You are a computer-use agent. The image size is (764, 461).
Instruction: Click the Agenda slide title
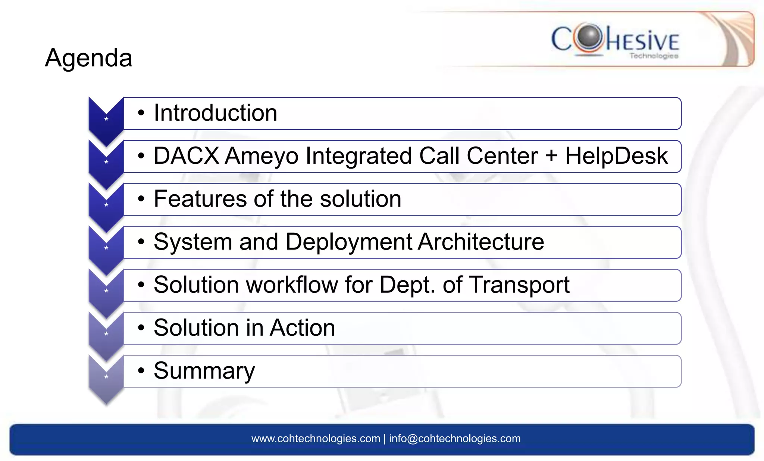(88, 58)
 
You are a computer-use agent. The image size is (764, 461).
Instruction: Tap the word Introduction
(215, 113)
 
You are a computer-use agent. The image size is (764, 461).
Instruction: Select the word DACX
(186, 156)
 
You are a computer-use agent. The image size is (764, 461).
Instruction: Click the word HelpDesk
(616, 156)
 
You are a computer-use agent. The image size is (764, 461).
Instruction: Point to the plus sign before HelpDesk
(551, 156)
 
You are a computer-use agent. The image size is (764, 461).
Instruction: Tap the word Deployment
(349, 242)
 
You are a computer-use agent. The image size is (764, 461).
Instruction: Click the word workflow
(292, 285)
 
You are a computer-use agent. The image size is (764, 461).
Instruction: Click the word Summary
(204, 371)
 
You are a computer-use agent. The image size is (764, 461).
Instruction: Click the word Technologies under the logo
(654, 56)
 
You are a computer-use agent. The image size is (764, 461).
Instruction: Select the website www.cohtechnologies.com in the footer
(316, 439)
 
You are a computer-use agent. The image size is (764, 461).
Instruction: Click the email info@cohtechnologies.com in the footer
(454, 439)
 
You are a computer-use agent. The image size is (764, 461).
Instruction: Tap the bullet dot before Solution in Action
(141, 328)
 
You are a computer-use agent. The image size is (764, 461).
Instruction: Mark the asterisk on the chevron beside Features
(106, 205)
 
